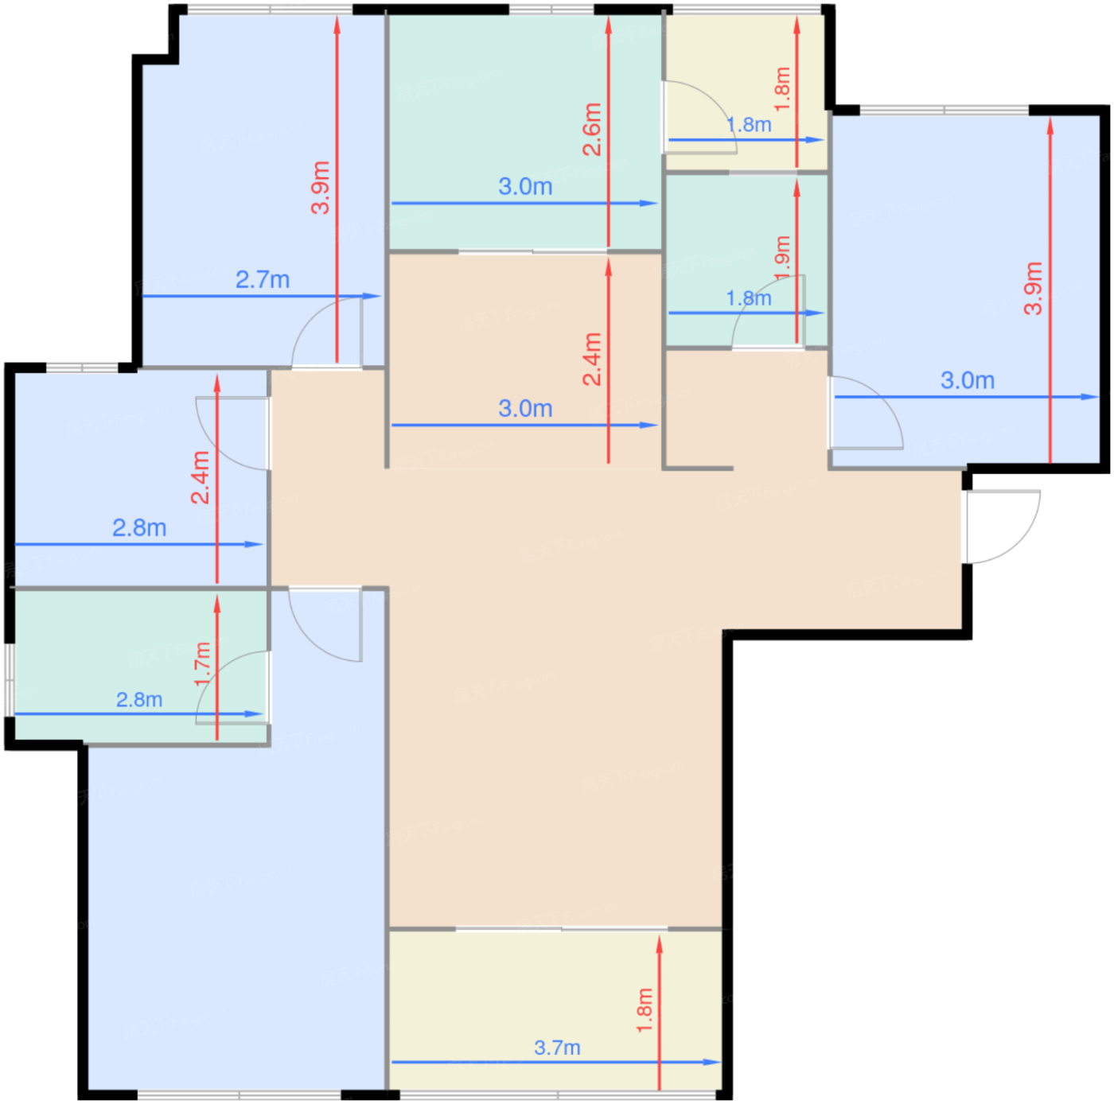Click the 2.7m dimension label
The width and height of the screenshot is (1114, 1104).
262,280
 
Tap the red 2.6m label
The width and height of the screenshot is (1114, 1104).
592,129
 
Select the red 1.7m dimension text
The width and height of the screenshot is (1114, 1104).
202,664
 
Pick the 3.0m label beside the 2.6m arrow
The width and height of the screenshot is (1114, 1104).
525,187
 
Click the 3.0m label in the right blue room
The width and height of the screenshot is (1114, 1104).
967,380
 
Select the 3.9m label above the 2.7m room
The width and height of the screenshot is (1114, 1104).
320,187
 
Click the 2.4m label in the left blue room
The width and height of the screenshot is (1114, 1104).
200,477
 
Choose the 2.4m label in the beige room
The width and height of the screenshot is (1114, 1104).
592,359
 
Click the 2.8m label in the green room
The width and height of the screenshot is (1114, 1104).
139,699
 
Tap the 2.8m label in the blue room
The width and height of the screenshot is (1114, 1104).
139,527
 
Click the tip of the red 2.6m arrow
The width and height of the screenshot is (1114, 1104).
608,16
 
